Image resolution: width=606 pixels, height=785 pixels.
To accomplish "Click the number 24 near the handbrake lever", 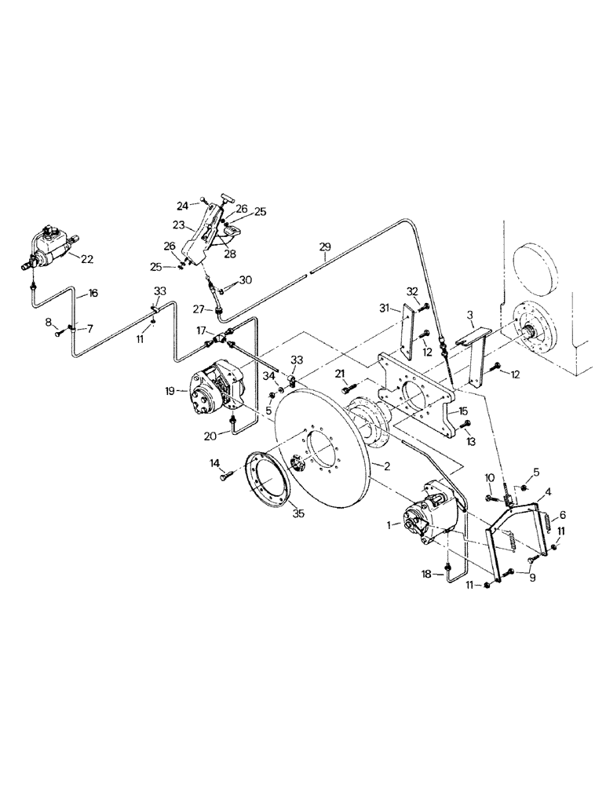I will pyautogui.click(x=183, y=206).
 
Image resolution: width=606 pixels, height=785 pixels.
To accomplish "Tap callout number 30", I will pyautogui.click(x=245, y=280).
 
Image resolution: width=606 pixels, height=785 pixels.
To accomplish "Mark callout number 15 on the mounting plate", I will pyautogui.click(x=463, y=411).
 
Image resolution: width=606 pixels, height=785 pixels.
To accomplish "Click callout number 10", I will pyautogui.click(x=488, y=477).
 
